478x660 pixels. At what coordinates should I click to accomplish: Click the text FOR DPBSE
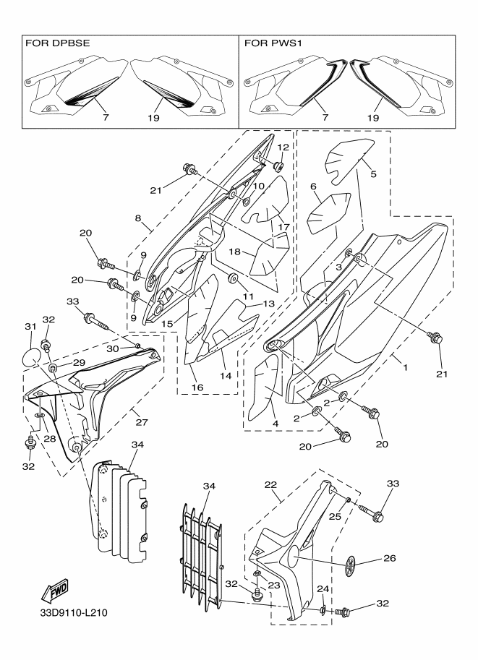(x=58, y=43)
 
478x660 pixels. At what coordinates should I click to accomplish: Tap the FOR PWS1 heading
(x=273, y=43)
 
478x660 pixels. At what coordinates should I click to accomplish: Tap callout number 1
(x=406, y=367)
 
